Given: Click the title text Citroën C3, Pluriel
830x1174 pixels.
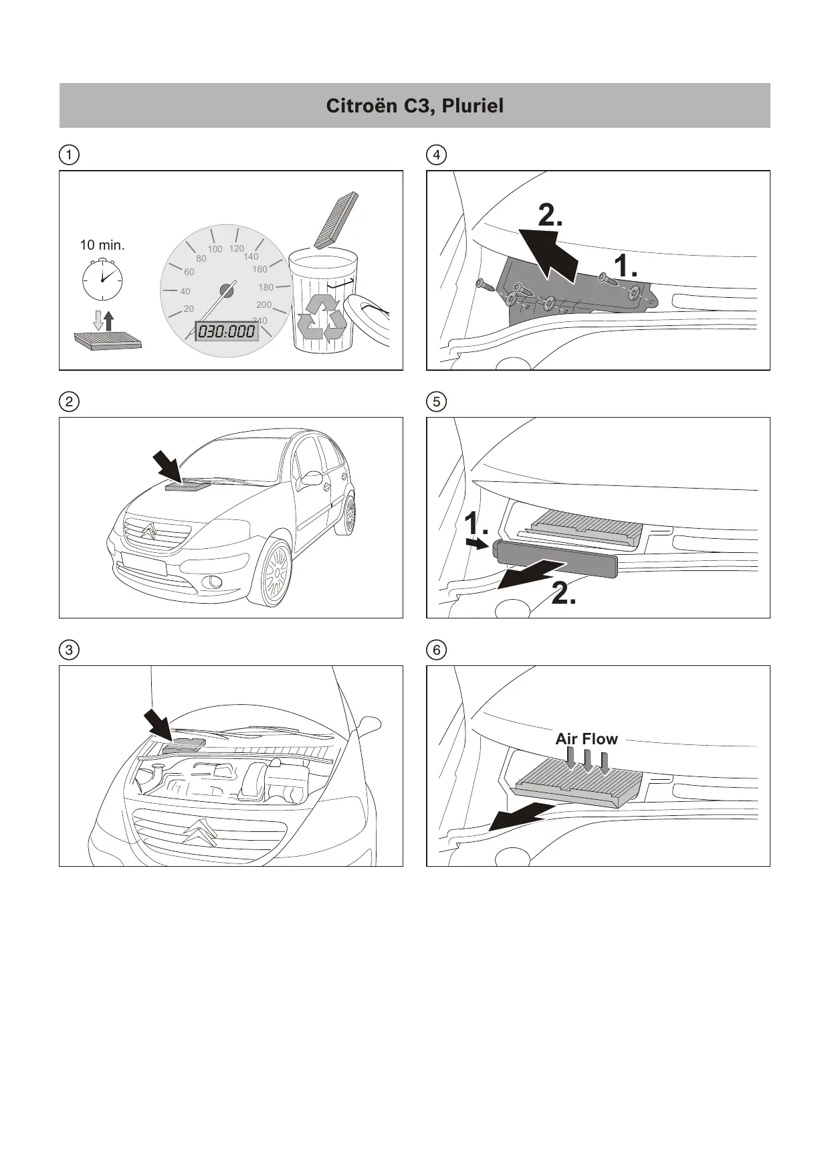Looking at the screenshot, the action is point(415,106).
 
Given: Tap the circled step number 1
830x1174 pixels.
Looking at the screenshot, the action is point(69,155).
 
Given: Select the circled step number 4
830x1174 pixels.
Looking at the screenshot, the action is point(436,155).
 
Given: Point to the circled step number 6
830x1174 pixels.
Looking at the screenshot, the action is point(436,650).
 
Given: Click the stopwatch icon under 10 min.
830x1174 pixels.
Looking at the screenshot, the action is point(102,279).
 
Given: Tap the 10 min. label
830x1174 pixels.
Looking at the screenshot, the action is point(102,245).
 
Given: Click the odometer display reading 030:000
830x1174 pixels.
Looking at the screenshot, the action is point(226,331).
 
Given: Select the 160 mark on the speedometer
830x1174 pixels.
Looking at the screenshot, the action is point(260,269).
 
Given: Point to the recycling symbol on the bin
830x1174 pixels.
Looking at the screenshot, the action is point(322,316).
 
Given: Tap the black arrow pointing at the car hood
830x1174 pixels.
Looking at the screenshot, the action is point(167,466).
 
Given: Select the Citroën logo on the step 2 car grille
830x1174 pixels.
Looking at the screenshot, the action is point(149,532).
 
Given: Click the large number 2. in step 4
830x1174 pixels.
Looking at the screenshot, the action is point(550,216).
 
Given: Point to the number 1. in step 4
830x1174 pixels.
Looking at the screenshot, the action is point(625,266).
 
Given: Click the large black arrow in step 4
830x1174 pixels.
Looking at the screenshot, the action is point(550,254).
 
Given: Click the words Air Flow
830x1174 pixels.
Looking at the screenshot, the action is point(587,739).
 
